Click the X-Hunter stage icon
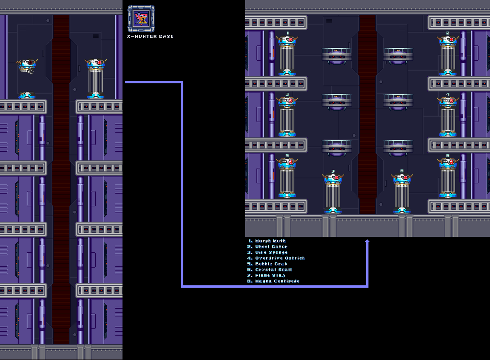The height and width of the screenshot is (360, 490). (x=141, y=19)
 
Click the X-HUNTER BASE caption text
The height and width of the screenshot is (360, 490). (x=150, y=36)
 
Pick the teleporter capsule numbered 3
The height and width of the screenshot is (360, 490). (x=287, y=117)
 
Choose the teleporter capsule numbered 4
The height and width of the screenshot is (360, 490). (x=448, y=117)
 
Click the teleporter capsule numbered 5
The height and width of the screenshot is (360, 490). (x=287, y=178)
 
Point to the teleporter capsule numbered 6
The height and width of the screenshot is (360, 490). (x=448, y=178)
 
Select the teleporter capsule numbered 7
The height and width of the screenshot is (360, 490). (x=333, y=193)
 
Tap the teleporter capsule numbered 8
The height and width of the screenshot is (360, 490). (x=402, y=193)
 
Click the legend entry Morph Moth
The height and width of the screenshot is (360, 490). (x=270, y=241)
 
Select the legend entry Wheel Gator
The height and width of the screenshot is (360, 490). (x=271, y=247)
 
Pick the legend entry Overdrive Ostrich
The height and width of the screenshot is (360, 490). (x=280, y=258)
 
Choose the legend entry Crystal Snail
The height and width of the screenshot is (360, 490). (x=273, y=270)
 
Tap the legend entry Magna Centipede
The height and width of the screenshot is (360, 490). (x=277, y=281)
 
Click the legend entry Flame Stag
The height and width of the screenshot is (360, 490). (x=270, y=275)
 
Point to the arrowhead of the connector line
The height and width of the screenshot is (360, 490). (x=367, y=242)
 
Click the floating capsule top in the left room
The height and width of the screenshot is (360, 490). (x=27, y=67)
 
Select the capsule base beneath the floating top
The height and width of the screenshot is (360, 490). (x=27, y=95)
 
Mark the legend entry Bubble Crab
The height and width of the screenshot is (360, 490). (x=271, y=264)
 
